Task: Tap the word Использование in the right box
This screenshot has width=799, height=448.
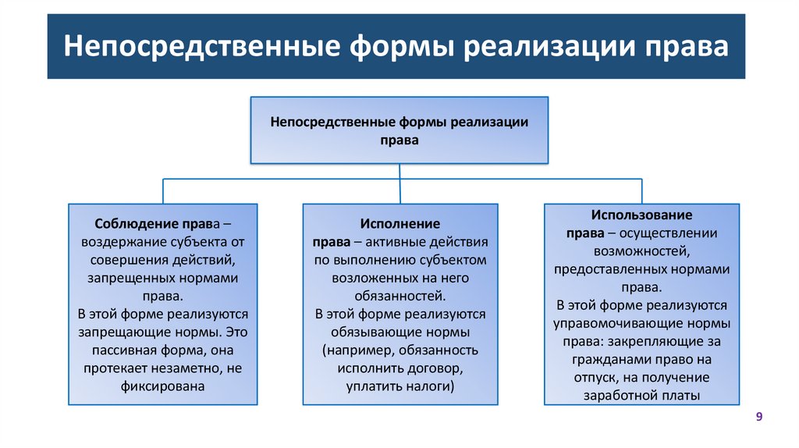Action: [x=641, y=214]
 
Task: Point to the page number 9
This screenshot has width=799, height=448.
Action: [x=758, y=418]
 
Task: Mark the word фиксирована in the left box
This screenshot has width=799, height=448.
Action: [x=163, y=386]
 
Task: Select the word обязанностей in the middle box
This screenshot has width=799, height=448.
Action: [x=399, y=296]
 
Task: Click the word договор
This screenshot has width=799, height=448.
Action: [x=437, y=368]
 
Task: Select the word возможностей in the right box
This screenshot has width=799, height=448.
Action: [x=641, y=251]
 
